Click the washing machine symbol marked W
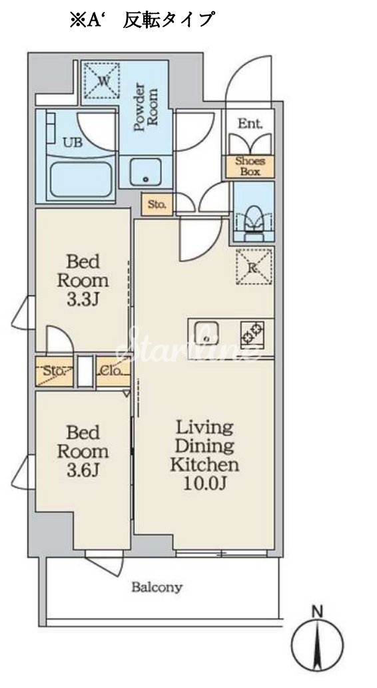(102, 81)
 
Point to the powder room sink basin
(145, 171)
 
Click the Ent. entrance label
(250, 124)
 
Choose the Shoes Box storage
(250, 166)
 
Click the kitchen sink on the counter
(206, 334)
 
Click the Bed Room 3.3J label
(83, 281)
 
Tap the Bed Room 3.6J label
(83, 452)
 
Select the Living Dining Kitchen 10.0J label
(204, 456)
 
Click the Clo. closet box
(113, 371)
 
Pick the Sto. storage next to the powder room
(157, 204)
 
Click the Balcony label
(157, 588)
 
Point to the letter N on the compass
(317, 611)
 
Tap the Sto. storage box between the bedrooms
(55, 371)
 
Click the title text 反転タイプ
(169, 20)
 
